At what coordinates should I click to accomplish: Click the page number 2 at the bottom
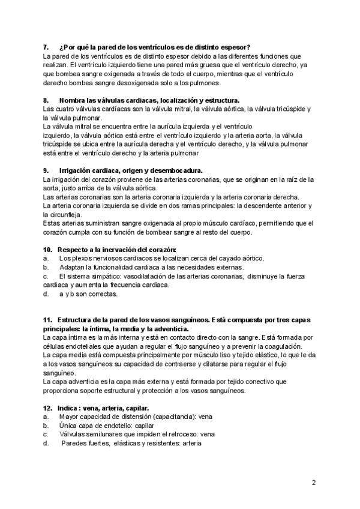[314, 482]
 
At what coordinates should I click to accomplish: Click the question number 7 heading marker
[46, 47]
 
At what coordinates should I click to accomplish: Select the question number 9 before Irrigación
[46, 170]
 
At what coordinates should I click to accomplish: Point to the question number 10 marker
[47, 249]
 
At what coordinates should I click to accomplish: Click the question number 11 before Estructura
[47, 320]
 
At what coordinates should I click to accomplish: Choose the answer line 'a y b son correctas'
[88, 294]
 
